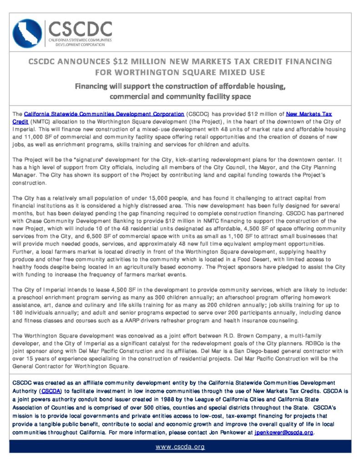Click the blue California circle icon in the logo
(27, 33)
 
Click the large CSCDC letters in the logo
(79, 29)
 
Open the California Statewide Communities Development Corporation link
(104, 113)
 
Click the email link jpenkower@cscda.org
(284, 432)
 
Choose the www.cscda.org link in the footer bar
(180, 446)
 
